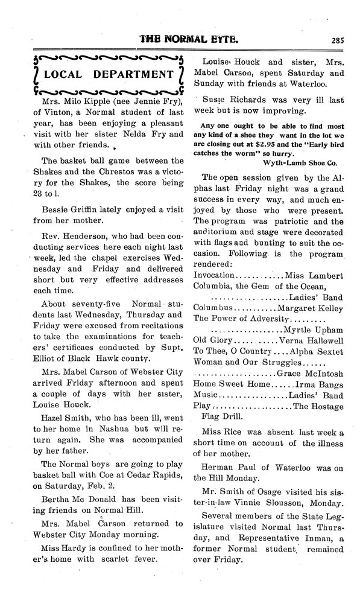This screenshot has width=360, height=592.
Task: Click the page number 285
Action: click(x=338, y=41)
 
